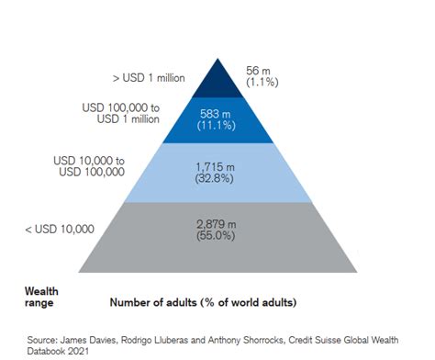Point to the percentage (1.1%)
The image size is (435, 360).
point(262,82)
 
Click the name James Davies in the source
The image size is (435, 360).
point(95,336)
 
